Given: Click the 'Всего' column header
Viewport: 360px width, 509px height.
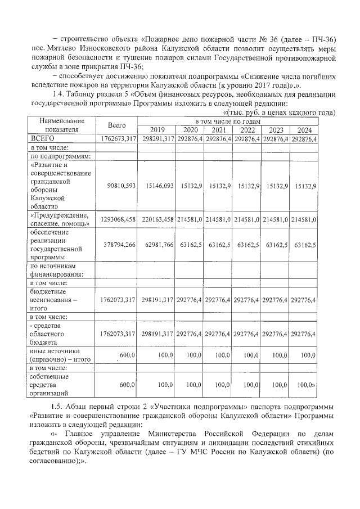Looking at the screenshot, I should (x=116, y=125).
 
